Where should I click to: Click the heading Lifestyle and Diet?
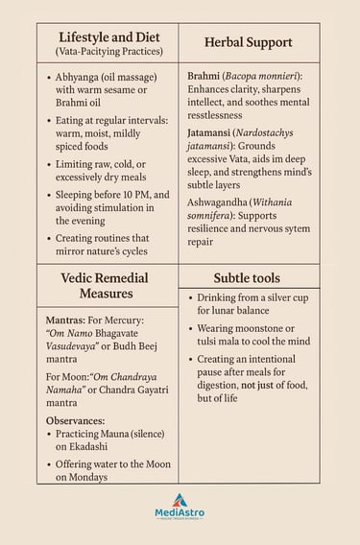point(108,35)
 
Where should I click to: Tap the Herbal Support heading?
point(248,42)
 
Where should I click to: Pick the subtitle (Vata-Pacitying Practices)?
point(108,51)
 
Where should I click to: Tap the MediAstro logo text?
point(180,512)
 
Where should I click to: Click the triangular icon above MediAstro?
point(180,498)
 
